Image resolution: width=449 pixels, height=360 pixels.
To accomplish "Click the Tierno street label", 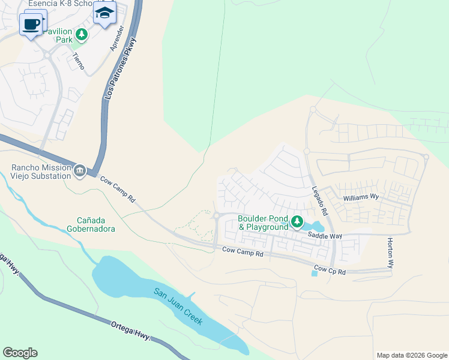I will (78, 61).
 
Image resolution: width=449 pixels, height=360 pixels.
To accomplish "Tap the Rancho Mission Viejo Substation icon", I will (79, 172).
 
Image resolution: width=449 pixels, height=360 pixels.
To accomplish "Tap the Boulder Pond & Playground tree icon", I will (297, 223).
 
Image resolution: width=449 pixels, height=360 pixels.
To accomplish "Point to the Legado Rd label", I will (319, 201).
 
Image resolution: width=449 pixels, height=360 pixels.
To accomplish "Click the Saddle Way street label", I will (325, 236).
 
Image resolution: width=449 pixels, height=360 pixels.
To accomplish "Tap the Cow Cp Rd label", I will (330, 271).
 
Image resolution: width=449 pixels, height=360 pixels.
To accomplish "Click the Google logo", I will (20, 353).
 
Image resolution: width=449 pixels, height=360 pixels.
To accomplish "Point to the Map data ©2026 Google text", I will (411, 355).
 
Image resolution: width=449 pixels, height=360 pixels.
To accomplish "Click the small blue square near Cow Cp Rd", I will (315, 274).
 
